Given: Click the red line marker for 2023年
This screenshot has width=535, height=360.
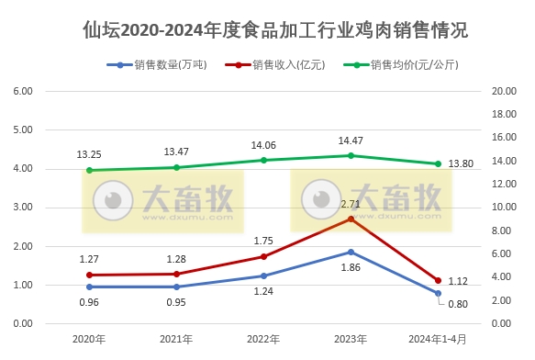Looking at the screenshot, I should tap(351, 219).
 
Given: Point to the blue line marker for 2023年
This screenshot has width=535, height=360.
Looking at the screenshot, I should tap(351, 252).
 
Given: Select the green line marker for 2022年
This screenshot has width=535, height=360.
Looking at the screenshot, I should tap(263, 160).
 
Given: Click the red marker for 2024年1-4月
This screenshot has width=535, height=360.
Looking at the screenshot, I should tap(438, 280).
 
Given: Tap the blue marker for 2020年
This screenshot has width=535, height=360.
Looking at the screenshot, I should tap(89, 287).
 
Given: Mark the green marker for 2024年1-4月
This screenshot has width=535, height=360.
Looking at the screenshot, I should tap(438, 163).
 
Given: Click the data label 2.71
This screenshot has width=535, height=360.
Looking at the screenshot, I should tap(351, 203).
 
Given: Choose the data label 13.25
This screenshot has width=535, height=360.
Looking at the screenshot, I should tap(89, 153).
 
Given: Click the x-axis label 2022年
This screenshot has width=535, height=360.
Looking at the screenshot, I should tap(263, 339).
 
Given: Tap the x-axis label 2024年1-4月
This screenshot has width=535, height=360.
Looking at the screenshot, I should tap(438, 339).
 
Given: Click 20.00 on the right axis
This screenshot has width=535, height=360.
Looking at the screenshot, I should tap(506, 92).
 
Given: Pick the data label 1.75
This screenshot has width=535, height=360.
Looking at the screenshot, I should tap(263, 240).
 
